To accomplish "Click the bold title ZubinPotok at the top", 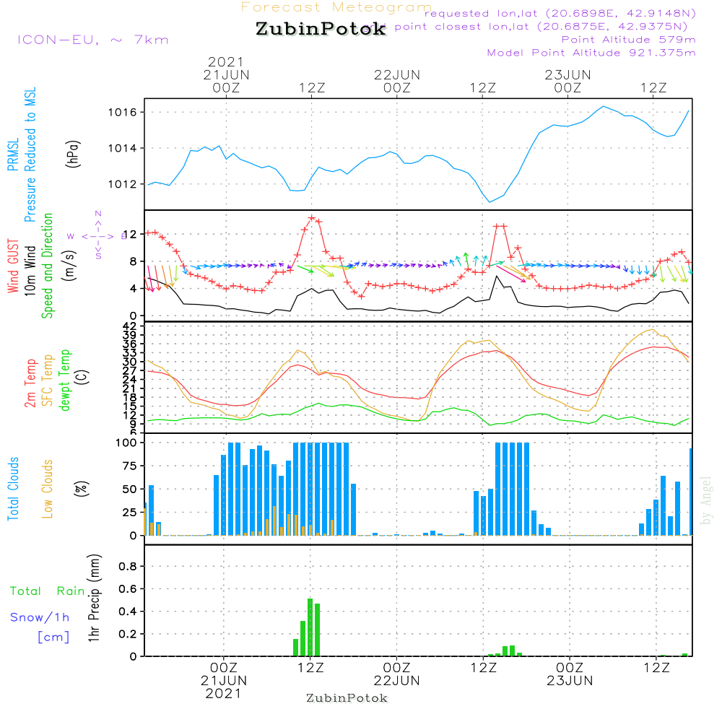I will (x=321, y=30).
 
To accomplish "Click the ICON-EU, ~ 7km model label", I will (x=92, y=40).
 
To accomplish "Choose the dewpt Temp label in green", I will (x=65, y=380).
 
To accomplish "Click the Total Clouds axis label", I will (x=13, y=489).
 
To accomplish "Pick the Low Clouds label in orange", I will (x=48, y=489).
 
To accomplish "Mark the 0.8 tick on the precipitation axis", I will (x=127, y=566).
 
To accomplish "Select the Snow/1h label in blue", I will (x=40, y=618).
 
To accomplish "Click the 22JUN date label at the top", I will (x=396, y=74).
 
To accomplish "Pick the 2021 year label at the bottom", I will (x=224, y=693).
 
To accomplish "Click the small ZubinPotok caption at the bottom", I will (x=347, y=698).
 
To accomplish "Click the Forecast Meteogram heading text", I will (x=336, y=7).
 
